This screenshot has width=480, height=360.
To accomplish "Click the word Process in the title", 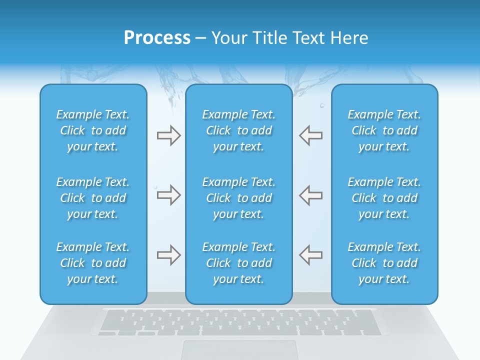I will [x=157, y=38].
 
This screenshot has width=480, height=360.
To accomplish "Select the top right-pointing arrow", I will [x=168, y=135].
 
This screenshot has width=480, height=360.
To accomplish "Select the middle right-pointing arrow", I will [x=168, y=195].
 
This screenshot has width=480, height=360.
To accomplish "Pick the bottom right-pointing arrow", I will [x=168, y=255].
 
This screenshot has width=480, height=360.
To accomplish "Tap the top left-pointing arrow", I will [x=311, y=135].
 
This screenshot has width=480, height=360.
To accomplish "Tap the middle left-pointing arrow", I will [x=311, y=195].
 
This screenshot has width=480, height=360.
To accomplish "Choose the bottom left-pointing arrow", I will [x=311, y=254].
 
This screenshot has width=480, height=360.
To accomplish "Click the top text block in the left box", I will [x=93, y=130].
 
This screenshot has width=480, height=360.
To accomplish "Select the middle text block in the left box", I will [x=93, y=198].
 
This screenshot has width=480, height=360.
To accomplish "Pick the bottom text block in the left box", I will [x=93, y=263].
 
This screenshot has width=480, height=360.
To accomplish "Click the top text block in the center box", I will [x=239, y=130].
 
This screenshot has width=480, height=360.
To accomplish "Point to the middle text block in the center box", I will [x=239, y=198].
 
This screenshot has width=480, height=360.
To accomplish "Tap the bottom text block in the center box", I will [x=239, y=263].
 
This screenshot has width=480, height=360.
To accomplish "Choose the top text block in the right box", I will [x=384, y=130].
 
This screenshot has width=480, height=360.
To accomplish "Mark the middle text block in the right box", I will [x=384, y=198].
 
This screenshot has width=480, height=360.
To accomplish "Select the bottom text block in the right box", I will [x=384, y=263].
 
